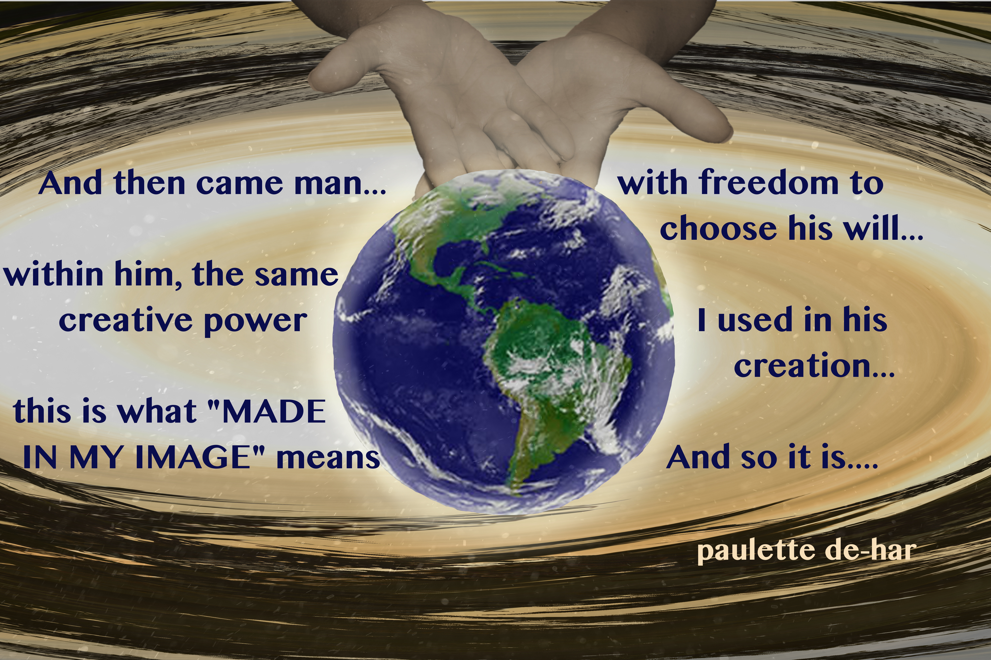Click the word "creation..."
coord(814,365)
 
